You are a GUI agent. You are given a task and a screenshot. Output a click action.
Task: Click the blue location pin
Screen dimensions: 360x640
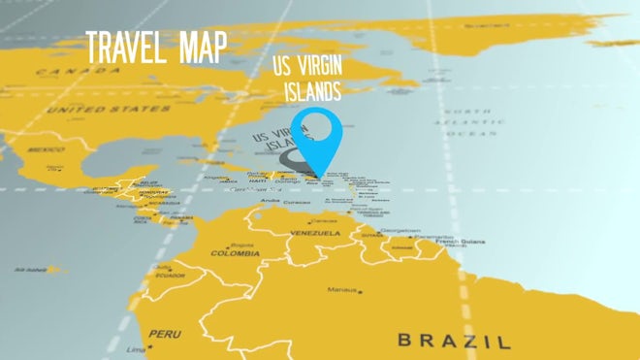pos(316,135)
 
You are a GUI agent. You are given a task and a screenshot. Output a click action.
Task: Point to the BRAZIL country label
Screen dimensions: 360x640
pos(453,340)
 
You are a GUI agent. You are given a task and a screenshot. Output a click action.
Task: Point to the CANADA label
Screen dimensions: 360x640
pos(57,72)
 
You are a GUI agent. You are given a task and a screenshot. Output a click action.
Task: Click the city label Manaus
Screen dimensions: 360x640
pos(342,289)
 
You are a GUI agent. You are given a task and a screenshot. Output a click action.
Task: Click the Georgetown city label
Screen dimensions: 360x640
pos(400,230)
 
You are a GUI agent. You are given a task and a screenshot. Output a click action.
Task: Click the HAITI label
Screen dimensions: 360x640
pos(258,180)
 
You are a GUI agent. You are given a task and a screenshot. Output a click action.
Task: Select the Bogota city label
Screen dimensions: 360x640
pos(242,245)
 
